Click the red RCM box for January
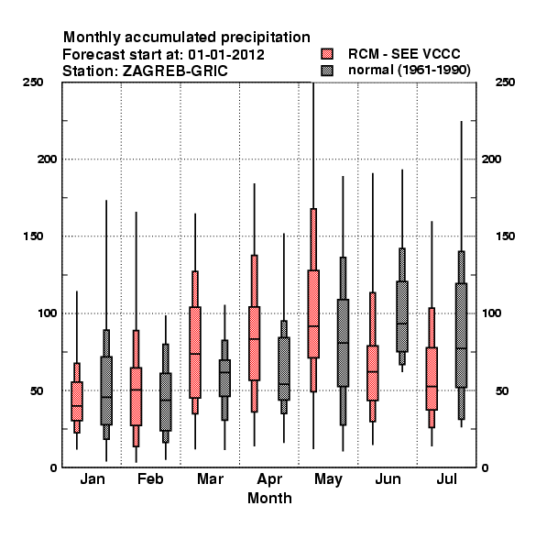77,401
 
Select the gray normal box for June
402,316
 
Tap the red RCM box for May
313,313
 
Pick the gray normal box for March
224,378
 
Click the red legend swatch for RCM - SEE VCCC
327,54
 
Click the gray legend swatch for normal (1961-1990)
327,71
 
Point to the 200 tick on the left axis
47,159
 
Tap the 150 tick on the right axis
505,236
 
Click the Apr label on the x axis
269,479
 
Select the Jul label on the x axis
446,478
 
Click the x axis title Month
269,498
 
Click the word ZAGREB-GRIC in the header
175,71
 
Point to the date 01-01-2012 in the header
226,55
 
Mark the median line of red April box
255,339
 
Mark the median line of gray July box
462,348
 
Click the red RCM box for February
136,397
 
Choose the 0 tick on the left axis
53,467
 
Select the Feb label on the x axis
150,478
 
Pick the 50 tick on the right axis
502,390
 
